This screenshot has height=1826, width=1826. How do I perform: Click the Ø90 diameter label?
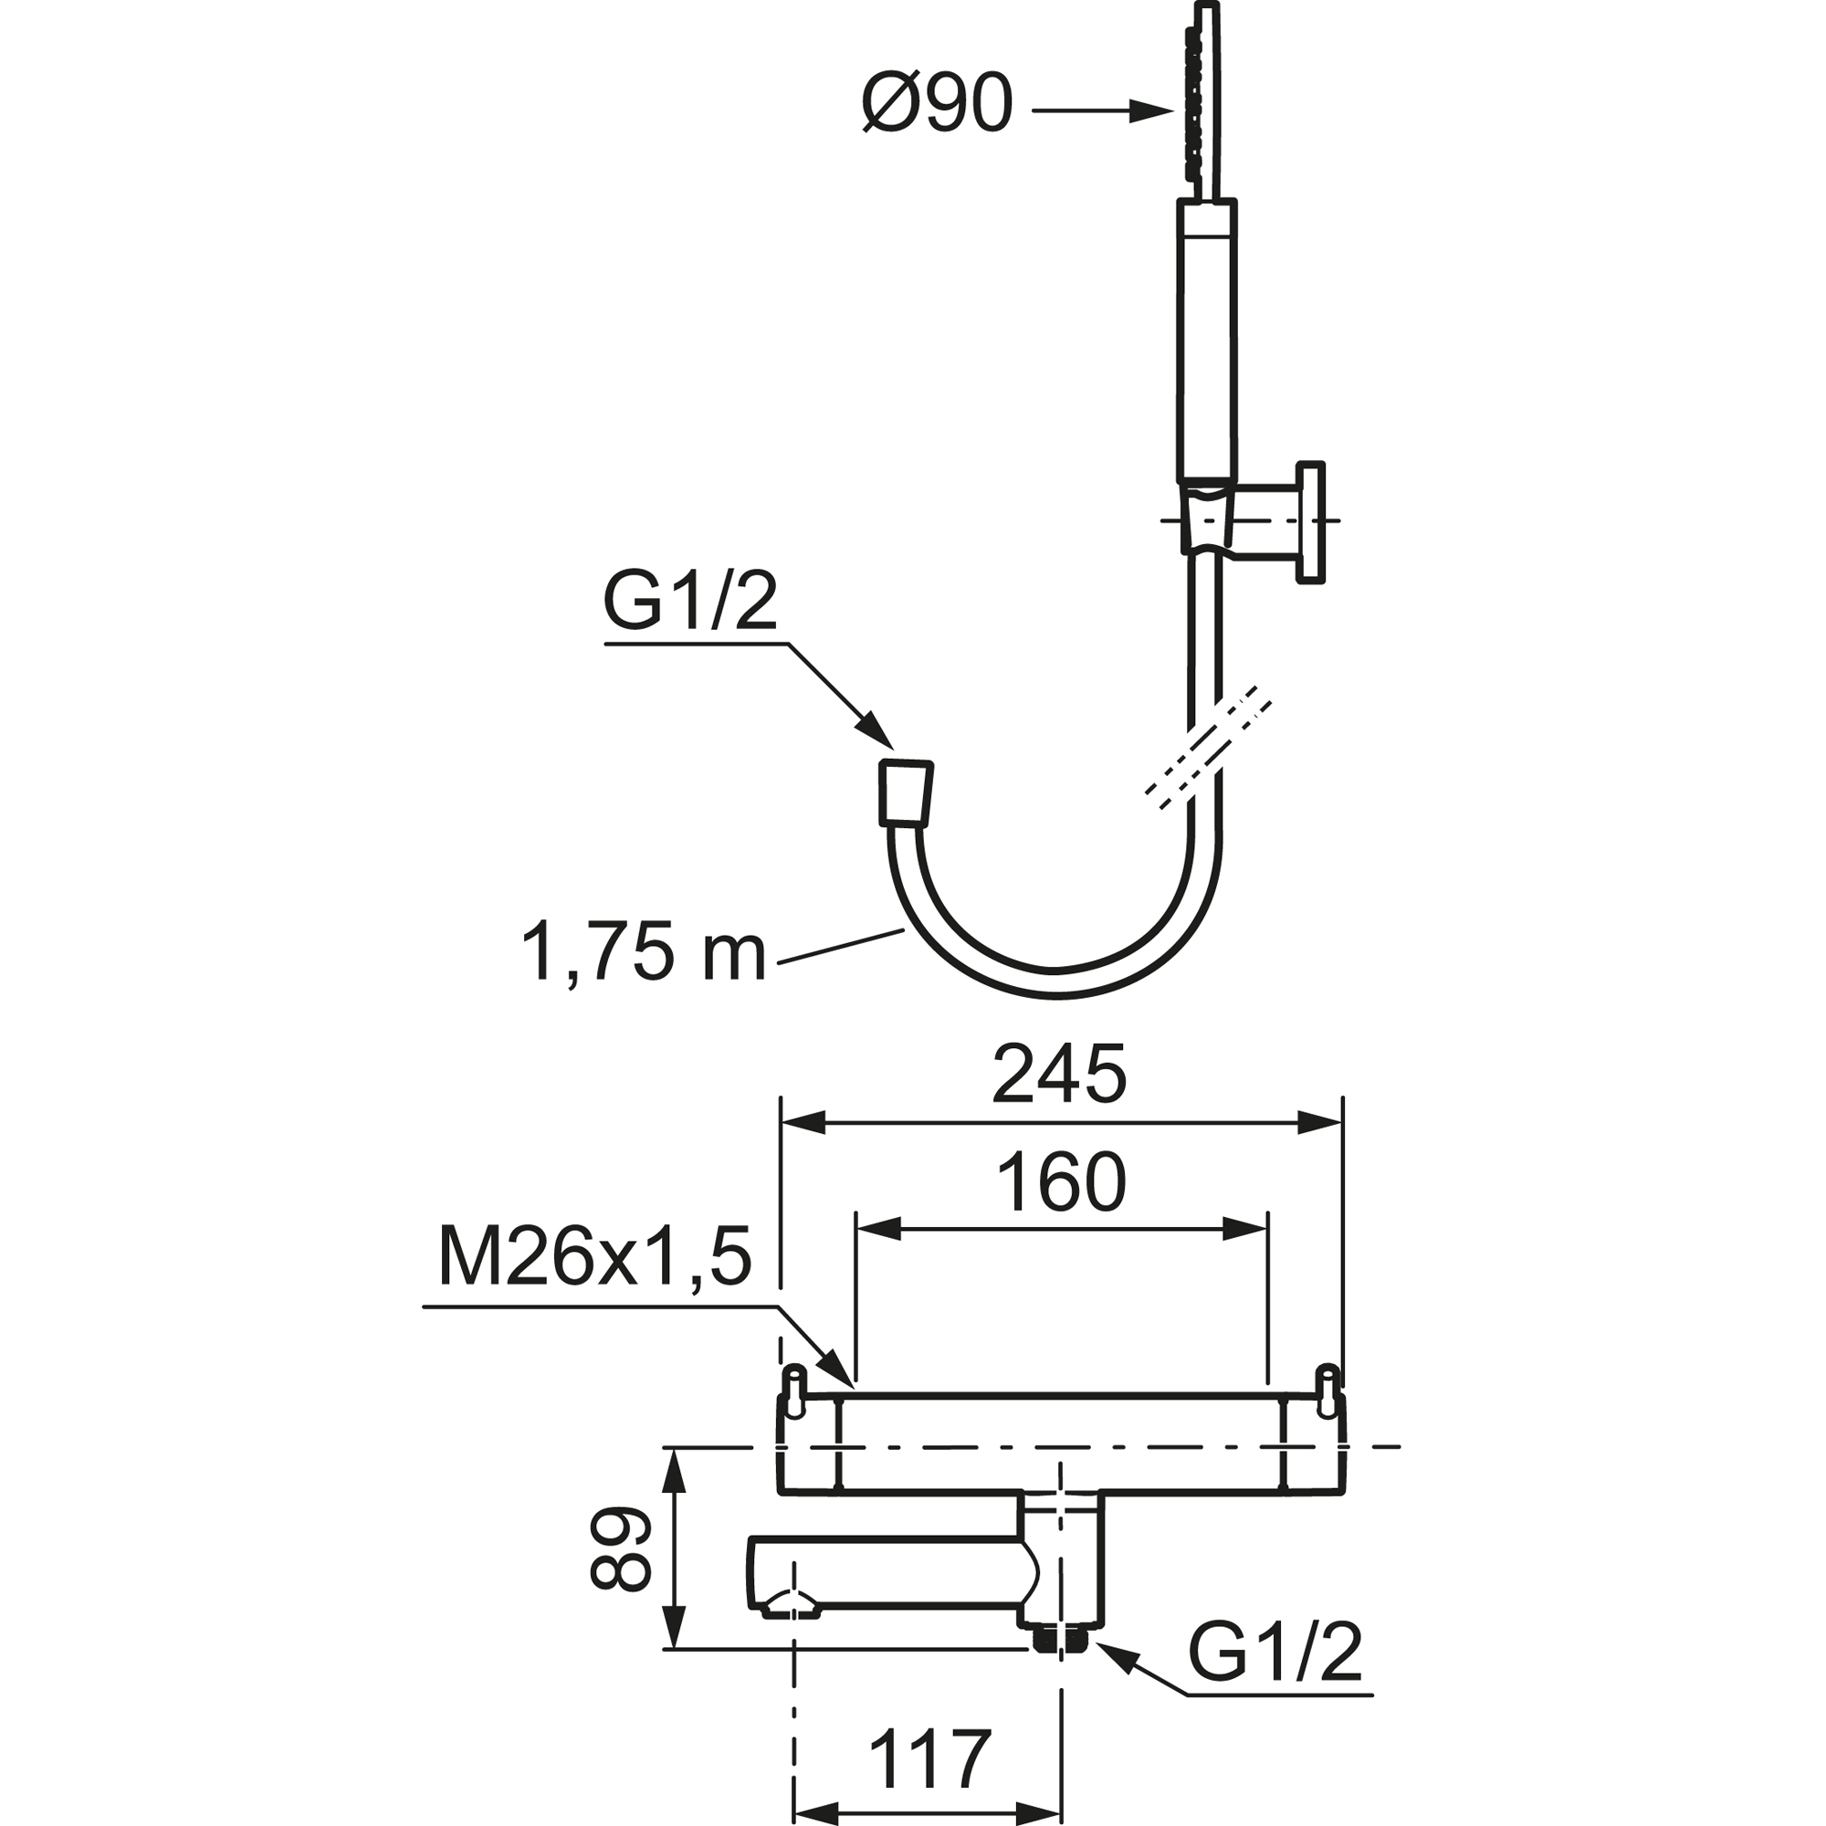pyautogui.click(x=937, y=103)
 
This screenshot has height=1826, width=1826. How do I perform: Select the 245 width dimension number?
pyautogui.click(x=1059, y=1075)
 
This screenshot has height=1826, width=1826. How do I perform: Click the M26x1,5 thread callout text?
pyautogui.click(x=595, y=1256)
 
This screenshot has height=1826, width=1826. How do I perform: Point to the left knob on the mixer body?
pyautogui.click(x=795, y=1390)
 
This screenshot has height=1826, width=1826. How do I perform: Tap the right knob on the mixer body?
pyautogui.click(x=1328, y=1390)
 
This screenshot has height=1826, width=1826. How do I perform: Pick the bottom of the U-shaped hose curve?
pyautogui.click(x=1054, y=984)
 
